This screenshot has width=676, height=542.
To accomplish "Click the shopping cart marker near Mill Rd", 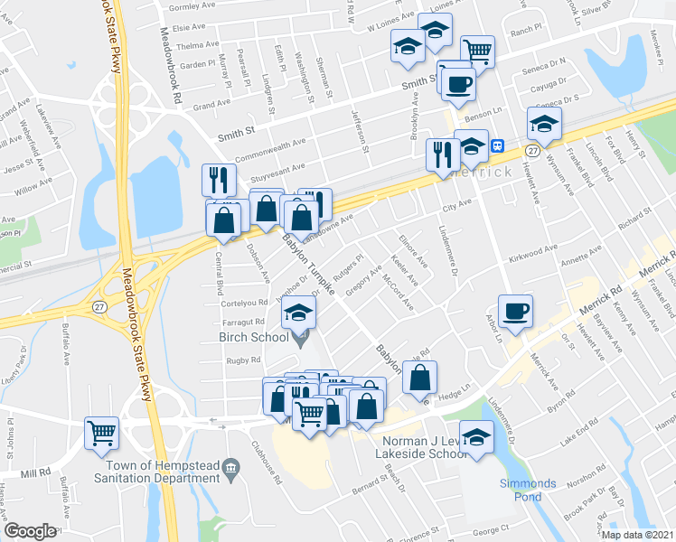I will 101,433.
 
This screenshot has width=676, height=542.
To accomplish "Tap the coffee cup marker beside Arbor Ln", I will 515,312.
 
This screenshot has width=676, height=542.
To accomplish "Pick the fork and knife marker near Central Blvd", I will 217,180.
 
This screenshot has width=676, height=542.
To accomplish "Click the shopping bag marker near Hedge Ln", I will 420,378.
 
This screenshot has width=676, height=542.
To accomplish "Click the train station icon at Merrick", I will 496,145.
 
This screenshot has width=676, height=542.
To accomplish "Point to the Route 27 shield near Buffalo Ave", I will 98,307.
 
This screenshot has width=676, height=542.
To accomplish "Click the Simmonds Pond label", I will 521,490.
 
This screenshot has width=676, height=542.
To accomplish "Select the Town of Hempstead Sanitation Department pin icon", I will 231,467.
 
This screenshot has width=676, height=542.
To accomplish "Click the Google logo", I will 30,531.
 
